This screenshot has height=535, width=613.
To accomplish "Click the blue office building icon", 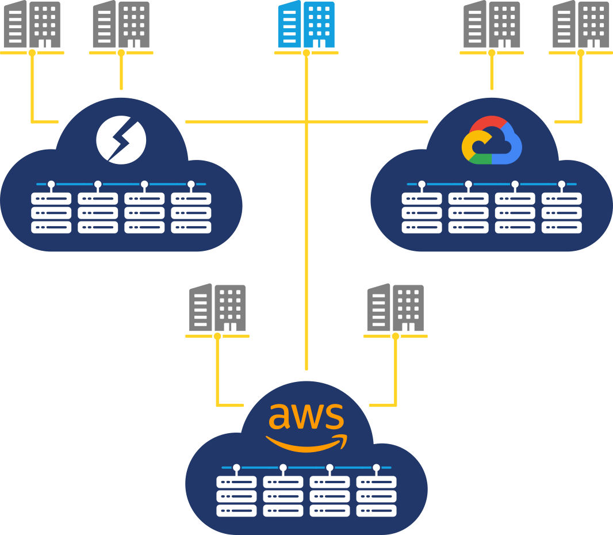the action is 306,24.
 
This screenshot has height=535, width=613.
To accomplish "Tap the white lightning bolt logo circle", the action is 121,140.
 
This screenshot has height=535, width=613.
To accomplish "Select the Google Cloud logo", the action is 492,140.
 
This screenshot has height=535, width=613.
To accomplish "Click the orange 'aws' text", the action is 306,416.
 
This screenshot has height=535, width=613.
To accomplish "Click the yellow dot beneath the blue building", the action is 306,53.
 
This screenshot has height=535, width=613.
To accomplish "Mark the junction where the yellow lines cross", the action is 306,122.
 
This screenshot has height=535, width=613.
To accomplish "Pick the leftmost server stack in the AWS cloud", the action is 236,496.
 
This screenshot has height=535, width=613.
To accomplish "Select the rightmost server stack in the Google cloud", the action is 562,213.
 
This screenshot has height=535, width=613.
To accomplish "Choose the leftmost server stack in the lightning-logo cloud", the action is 51,213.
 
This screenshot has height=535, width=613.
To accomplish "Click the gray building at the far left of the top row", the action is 32,24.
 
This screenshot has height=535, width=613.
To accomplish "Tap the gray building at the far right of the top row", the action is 581,24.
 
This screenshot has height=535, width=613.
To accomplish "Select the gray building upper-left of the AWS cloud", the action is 217,307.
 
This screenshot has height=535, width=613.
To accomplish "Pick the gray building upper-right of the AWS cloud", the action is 396,307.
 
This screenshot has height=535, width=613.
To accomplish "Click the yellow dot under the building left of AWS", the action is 217,337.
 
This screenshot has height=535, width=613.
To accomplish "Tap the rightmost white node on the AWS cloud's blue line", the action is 377,467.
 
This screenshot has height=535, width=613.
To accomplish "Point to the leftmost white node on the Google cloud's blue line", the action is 422,184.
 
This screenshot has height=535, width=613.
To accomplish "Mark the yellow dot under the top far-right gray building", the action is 581,53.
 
